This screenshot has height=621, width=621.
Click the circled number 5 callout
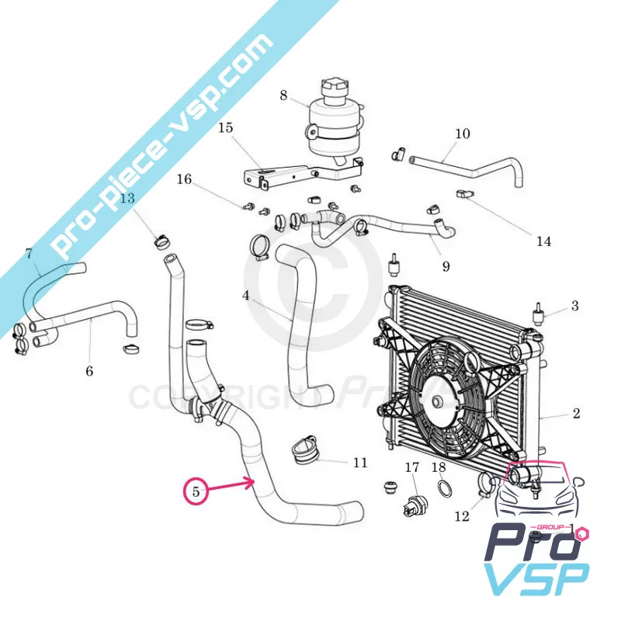[x=196, y=491]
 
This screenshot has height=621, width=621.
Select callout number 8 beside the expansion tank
[x=284, y=96]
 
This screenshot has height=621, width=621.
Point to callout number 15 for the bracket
[x=225, y=127]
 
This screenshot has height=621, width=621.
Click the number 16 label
[x=184, y=179]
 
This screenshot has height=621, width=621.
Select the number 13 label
[x=127, y=198]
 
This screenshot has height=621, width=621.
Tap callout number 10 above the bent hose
[x=462, y=134]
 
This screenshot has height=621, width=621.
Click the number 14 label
[x=543, y=241]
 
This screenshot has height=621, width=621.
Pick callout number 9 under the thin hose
[x=446, y=266]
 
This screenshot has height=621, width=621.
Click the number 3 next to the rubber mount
[x=574, y=306]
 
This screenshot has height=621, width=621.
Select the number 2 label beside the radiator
[x=576, y=414]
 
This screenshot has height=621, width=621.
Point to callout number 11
[x=359, y=463]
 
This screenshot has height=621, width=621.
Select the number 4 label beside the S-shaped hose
[x=245, y=296]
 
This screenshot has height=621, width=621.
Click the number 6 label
[x=89, y=372]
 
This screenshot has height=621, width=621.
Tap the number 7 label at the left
[x=29, y=253]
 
